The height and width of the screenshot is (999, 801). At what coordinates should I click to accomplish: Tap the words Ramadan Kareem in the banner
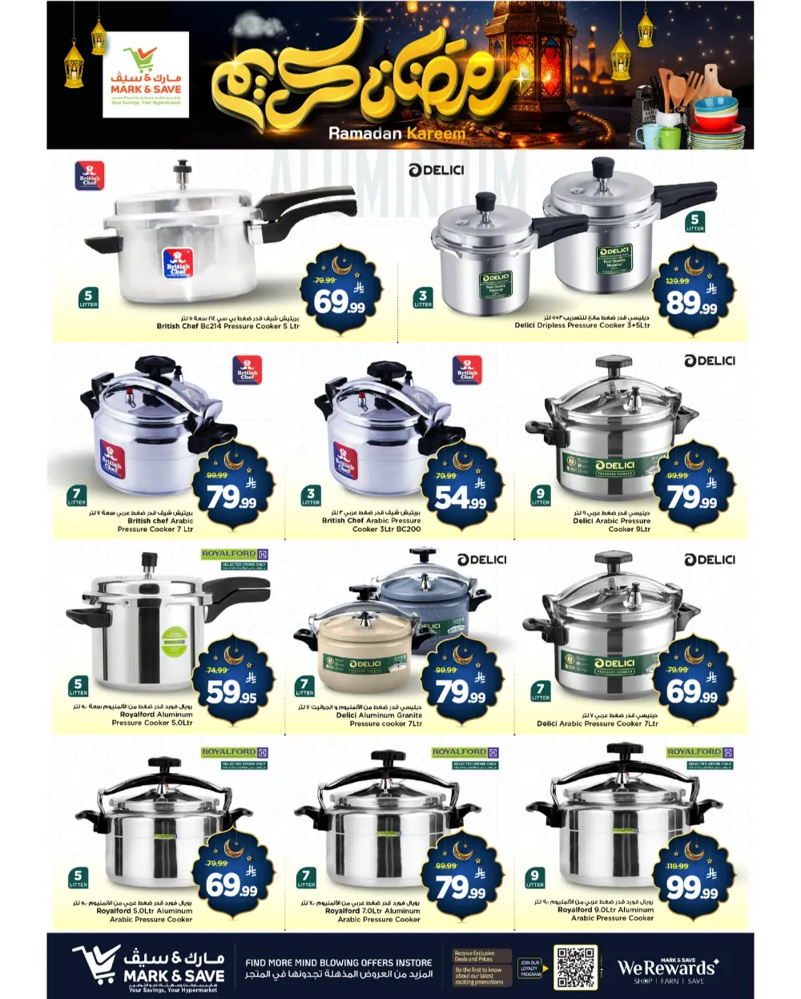[396, 134]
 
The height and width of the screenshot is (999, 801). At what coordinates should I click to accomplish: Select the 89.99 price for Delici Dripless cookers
[691, 302]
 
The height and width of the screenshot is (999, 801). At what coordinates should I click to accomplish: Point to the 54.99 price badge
[461, 498]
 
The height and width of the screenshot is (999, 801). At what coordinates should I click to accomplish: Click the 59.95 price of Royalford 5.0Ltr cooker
[231, 691]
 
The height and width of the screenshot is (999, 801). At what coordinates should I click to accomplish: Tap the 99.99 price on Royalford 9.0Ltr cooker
[691, 887]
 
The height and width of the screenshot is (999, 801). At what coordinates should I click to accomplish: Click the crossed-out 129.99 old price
[677, 281]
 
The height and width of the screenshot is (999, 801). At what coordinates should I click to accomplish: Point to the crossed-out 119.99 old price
[677, 866]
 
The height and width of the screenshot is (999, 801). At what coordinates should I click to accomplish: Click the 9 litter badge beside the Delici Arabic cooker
[541, 496]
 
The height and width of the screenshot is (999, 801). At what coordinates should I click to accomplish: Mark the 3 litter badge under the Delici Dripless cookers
[423, 298]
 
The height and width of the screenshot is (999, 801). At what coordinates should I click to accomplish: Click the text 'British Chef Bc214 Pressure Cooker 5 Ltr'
[227, 326]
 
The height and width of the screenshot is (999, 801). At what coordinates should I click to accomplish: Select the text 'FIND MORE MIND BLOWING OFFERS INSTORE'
[338, 963]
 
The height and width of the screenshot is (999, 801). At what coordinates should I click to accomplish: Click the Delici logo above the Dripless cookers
[436, 170]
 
